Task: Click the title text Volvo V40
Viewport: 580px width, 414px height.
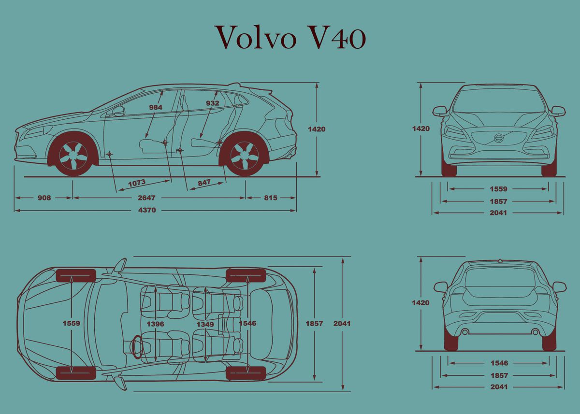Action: (290, 38)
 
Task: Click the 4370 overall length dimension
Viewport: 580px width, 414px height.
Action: (147, 210)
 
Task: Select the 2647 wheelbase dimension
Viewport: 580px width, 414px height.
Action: (147, 198)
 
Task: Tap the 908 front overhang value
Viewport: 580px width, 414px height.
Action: (43, 198)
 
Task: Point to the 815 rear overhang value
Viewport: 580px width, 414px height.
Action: (271, 198)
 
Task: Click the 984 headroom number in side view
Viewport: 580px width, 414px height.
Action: (156, 107)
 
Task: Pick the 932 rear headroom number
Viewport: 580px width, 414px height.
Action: (212, 103)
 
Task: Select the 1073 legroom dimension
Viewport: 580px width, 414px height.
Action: (137, 183)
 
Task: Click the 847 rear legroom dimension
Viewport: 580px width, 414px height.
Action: (204, 183)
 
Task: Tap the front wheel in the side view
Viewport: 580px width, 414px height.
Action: (73, 156)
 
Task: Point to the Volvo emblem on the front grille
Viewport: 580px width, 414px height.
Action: (499, 138)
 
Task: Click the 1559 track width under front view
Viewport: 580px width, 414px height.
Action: (499, 189)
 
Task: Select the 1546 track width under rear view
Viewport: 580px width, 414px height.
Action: (499, 363)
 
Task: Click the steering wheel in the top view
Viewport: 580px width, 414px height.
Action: (136, 346)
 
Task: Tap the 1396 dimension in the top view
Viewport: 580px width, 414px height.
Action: (156, 324)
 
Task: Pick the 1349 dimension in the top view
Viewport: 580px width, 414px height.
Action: (205, 324)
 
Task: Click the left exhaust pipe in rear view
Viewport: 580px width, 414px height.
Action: (464, 332)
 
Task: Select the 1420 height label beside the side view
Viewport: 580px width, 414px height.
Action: (317, 129)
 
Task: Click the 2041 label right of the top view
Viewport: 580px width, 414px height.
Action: (342, 323)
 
